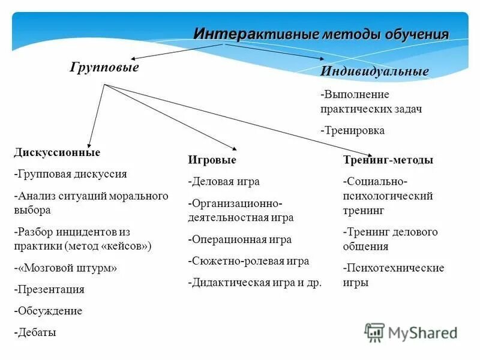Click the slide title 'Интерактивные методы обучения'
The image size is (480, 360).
tap(321, 34)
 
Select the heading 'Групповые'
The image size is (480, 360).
tap(104, 67)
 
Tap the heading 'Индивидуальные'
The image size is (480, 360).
tap(374, 71)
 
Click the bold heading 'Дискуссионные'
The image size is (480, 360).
tap(57, 152)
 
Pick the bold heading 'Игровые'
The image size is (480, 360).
tap(212, 160)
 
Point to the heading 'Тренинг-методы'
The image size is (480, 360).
tap(388, 160)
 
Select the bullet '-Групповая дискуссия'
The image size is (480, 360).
tap(70, 174)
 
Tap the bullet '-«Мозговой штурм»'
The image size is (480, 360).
tap(65, 268)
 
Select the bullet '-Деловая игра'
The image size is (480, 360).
tap(224, 181)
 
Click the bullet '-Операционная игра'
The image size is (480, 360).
tap(240, 239)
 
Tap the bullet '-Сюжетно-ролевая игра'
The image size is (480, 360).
tap(248, 261)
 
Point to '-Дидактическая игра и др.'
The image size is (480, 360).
tap(255, 283)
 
